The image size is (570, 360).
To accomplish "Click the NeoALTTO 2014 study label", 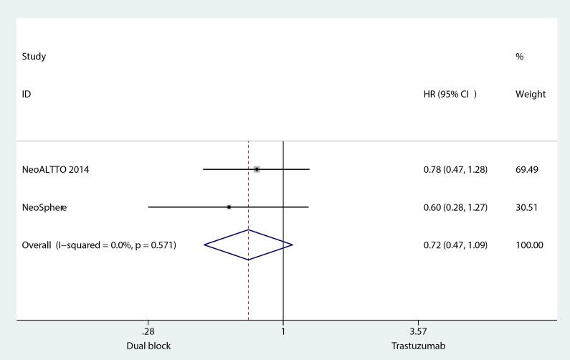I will point(56,169).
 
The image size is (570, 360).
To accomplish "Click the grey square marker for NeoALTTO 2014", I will point(257,169).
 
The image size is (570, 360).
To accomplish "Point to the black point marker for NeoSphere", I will point(229,207).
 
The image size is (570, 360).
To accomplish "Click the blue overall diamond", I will point(248,245).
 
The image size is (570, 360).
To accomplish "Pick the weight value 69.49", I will point(527,169).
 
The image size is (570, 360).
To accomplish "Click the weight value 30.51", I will point(527,207).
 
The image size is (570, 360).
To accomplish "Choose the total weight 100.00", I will point(529,245).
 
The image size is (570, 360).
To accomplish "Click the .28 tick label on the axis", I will point(148,332).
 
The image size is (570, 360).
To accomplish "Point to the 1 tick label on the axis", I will point(283,332).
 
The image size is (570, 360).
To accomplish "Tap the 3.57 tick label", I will point(418,332).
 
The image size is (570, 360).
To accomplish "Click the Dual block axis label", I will point(148,346).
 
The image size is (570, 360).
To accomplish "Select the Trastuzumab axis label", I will point(418,346).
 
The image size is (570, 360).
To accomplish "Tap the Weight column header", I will point(531,94).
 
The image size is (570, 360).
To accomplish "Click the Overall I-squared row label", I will point(99,245).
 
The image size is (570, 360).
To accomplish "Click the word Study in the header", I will point(34,57).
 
